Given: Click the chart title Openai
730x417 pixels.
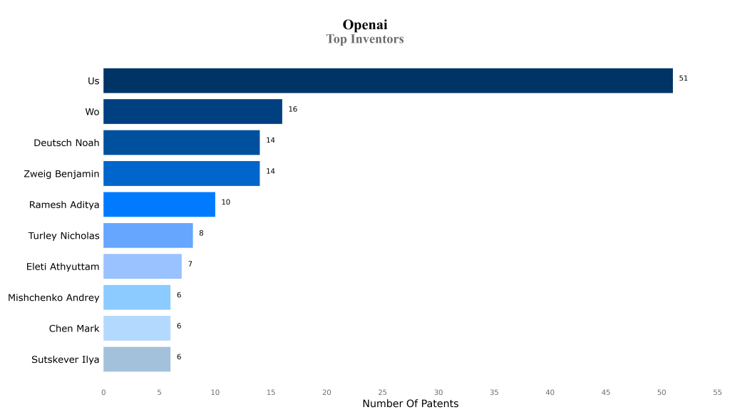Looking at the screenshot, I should [365, 25].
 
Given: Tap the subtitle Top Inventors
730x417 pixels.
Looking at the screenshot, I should [365, 39].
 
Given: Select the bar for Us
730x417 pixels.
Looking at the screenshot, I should [388, 81].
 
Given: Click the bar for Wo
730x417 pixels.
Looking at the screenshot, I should [192, 112].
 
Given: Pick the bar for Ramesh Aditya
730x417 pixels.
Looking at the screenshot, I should [159, 205].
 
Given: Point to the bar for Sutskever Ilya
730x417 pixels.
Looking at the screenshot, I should [137, 359].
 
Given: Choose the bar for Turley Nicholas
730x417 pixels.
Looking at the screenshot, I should [148, 235].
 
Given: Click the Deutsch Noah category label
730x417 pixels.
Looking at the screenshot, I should [66, 143].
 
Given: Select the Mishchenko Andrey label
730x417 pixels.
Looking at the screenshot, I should [53, 297].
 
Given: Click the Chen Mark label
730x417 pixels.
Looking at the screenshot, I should [74, 329].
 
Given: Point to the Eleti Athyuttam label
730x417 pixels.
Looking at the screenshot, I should [63, 267].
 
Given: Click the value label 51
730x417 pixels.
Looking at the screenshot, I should [683, 78].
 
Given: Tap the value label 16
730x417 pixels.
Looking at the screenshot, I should [292, 109].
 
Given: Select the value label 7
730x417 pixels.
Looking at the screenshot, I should [190, 264].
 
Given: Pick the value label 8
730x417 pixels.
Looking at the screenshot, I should [201, 233].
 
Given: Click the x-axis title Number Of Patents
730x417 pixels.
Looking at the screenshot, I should [410, 403].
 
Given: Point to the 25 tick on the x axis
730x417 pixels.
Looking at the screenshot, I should [382, 392].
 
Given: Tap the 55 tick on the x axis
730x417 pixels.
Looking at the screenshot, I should [717, 392].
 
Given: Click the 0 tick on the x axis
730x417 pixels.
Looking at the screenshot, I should [103, 392].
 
